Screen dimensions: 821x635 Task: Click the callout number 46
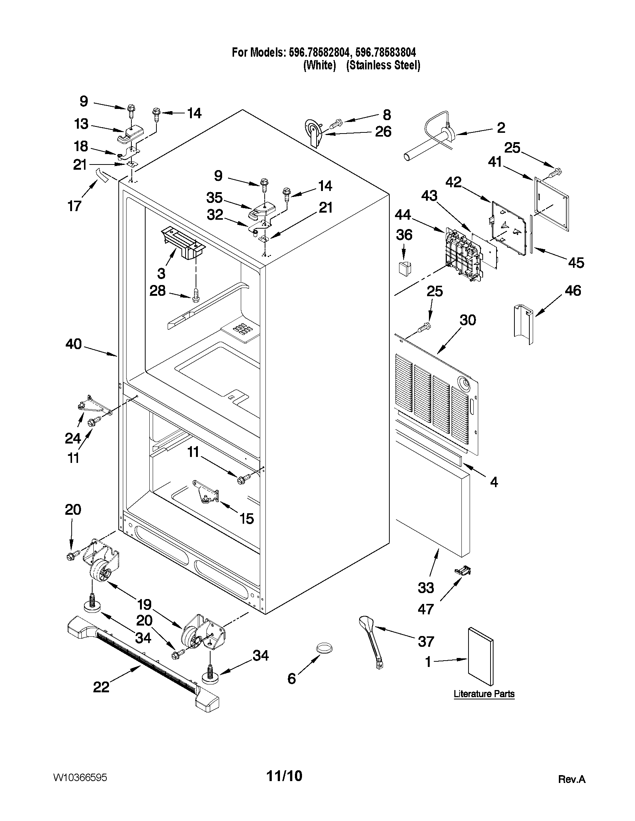[573, 291]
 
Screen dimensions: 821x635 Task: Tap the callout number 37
[426, 641]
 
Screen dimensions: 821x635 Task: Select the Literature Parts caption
[484, 693]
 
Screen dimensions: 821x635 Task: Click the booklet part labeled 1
[480, 657]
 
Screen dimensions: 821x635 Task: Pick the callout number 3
[161, 273]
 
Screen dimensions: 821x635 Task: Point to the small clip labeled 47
[463, 571]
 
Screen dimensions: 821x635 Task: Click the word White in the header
[320, 65]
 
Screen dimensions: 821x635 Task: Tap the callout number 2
[501, 128]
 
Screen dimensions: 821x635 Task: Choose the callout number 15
[247, 519]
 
